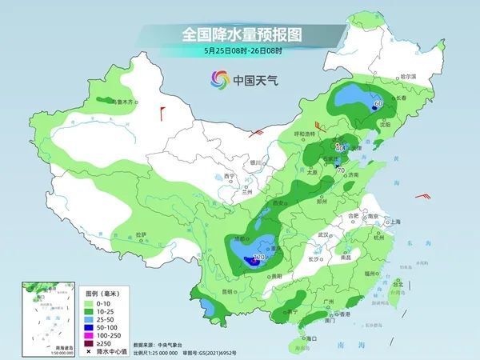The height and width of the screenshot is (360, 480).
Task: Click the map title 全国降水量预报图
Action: pyautogui.click(x=239, y=34)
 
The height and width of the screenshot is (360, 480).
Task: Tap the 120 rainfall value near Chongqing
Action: pyautogui.click(x=258, y=258)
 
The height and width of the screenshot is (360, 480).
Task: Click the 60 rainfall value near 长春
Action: pyautogui.click(x=378, y=103)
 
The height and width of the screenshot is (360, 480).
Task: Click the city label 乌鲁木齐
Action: pyautogui.click(x=127, y=102)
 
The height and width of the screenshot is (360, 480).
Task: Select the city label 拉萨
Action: pyautogui.click(x=142, y=234)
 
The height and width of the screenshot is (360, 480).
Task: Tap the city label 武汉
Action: pyautogui.click(x=324, y=234)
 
